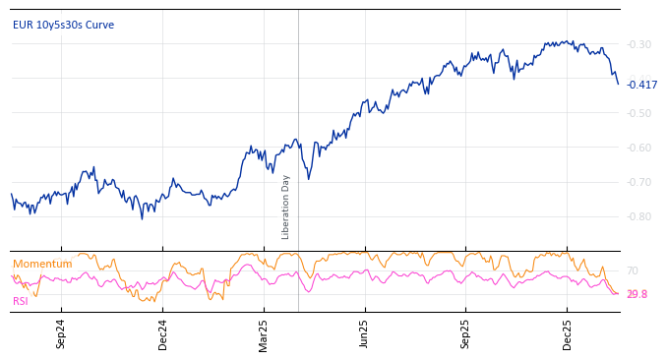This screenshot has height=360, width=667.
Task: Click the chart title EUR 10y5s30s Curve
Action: click(63, 25)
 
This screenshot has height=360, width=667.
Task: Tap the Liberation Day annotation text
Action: click(286, 207)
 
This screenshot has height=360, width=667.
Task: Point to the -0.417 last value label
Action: click(641, 85)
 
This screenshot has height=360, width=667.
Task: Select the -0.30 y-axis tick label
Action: click(638, 44)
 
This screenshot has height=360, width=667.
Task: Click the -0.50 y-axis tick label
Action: click(638, 113)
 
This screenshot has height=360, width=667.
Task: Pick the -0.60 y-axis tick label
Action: click(638, 148)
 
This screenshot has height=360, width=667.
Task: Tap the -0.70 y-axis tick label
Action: click(638, 182)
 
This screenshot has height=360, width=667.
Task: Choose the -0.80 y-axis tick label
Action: click(638, 216)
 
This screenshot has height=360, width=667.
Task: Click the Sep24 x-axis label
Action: click(61, 334)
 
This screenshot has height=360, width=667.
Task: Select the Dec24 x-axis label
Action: click(162, 334)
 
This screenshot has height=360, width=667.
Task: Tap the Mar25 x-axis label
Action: click(264, 334)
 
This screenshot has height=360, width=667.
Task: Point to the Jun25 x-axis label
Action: click(365, 334)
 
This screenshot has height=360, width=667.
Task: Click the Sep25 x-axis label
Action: click(466, 334)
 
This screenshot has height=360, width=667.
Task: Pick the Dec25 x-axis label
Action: click(568, 334)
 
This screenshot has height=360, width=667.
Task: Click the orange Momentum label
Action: click(42, 264)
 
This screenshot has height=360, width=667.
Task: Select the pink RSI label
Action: click(20, 301)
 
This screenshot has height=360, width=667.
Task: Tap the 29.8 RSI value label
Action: click(637, 294)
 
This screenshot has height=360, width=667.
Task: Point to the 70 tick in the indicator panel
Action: click(632, 270)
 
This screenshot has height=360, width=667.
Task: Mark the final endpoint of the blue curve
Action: click(618, 84)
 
